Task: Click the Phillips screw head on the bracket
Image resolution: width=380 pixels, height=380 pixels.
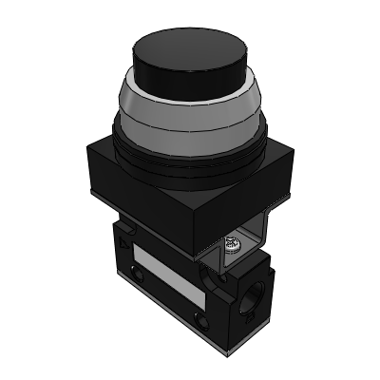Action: pyautogui.click(x=231, y=245)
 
